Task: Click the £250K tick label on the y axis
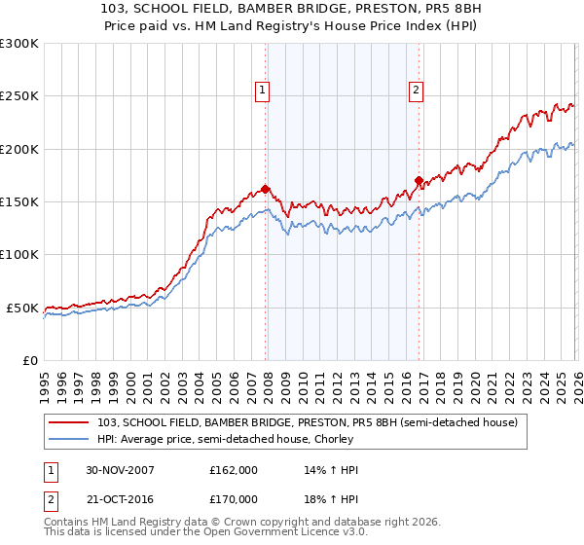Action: (x=19, y=96)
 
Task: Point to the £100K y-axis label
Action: (x=19, y=255)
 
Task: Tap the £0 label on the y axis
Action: (x=29, y=360)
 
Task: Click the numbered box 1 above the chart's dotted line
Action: (x=263, y=91)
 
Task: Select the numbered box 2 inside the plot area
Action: (x=416, y=91)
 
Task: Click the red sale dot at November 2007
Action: (x=266, y=189)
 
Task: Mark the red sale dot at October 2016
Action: (x=419, y=180)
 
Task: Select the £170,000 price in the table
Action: (x=233, y=499)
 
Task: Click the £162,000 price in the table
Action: (x=233, y=470)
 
